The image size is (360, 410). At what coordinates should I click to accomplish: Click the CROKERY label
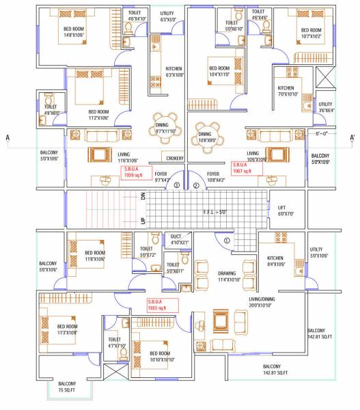[175, 158]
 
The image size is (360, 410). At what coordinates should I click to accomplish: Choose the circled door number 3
[176, 185]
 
